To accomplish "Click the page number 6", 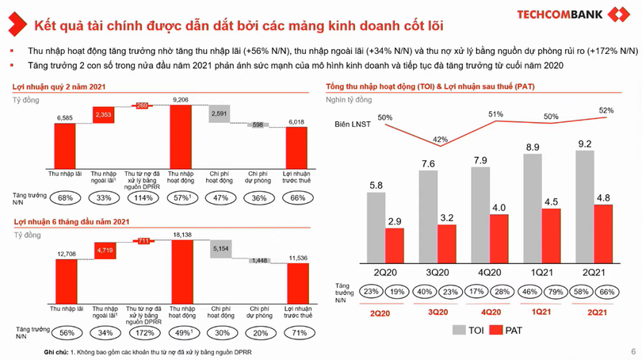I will click(x=632, y=352).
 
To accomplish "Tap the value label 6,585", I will click(x=65, y=117).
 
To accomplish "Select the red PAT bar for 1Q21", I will click(x=552, y=238).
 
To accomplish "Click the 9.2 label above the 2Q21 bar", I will click(x=585, y=144).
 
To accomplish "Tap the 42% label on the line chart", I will click(x=439, y=140).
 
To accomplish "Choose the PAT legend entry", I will click(x=506, y=330).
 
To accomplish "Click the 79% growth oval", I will click(x=552, y=292).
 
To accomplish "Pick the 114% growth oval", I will click(x=143, y=197).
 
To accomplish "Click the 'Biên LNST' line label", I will click(x=352, y=125).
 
